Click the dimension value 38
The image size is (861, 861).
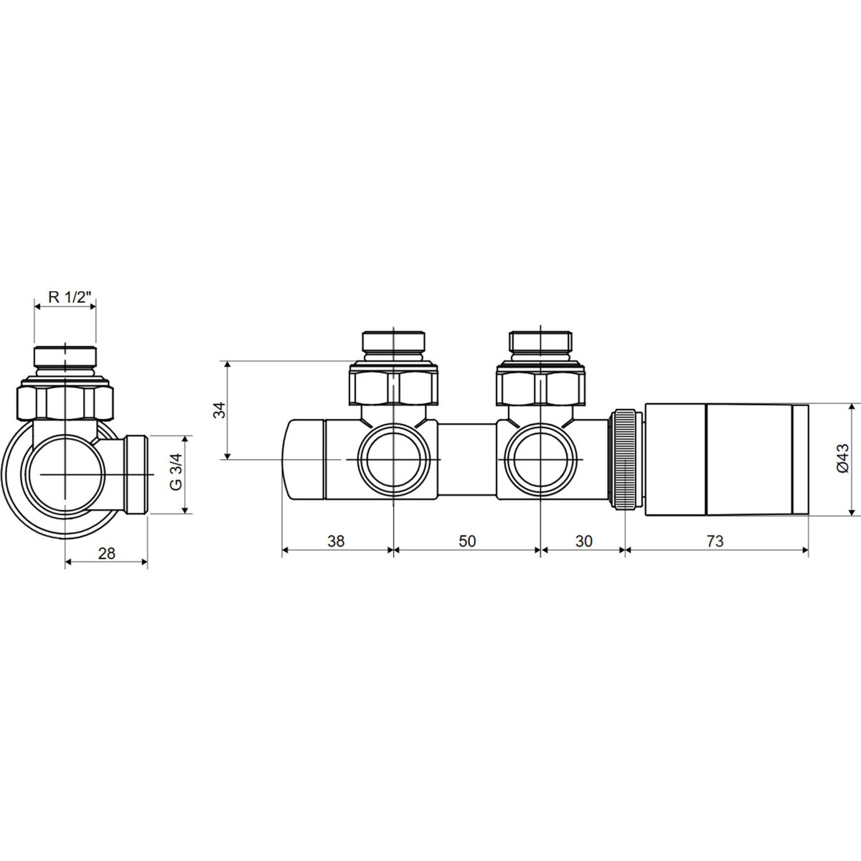click(336, 541)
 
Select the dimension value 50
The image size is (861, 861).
click(467, 541)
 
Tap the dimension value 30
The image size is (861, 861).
click(583, 541)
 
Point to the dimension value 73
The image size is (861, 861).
click(715, 541)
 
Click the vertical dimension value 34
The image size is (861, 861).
click(220, 410)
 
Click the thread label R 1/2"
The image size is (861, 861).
click(70, 297)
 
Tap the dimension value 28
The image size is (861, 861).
click(106, 554)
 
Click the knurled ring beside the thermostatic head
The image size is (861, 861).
click(626, 459)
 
